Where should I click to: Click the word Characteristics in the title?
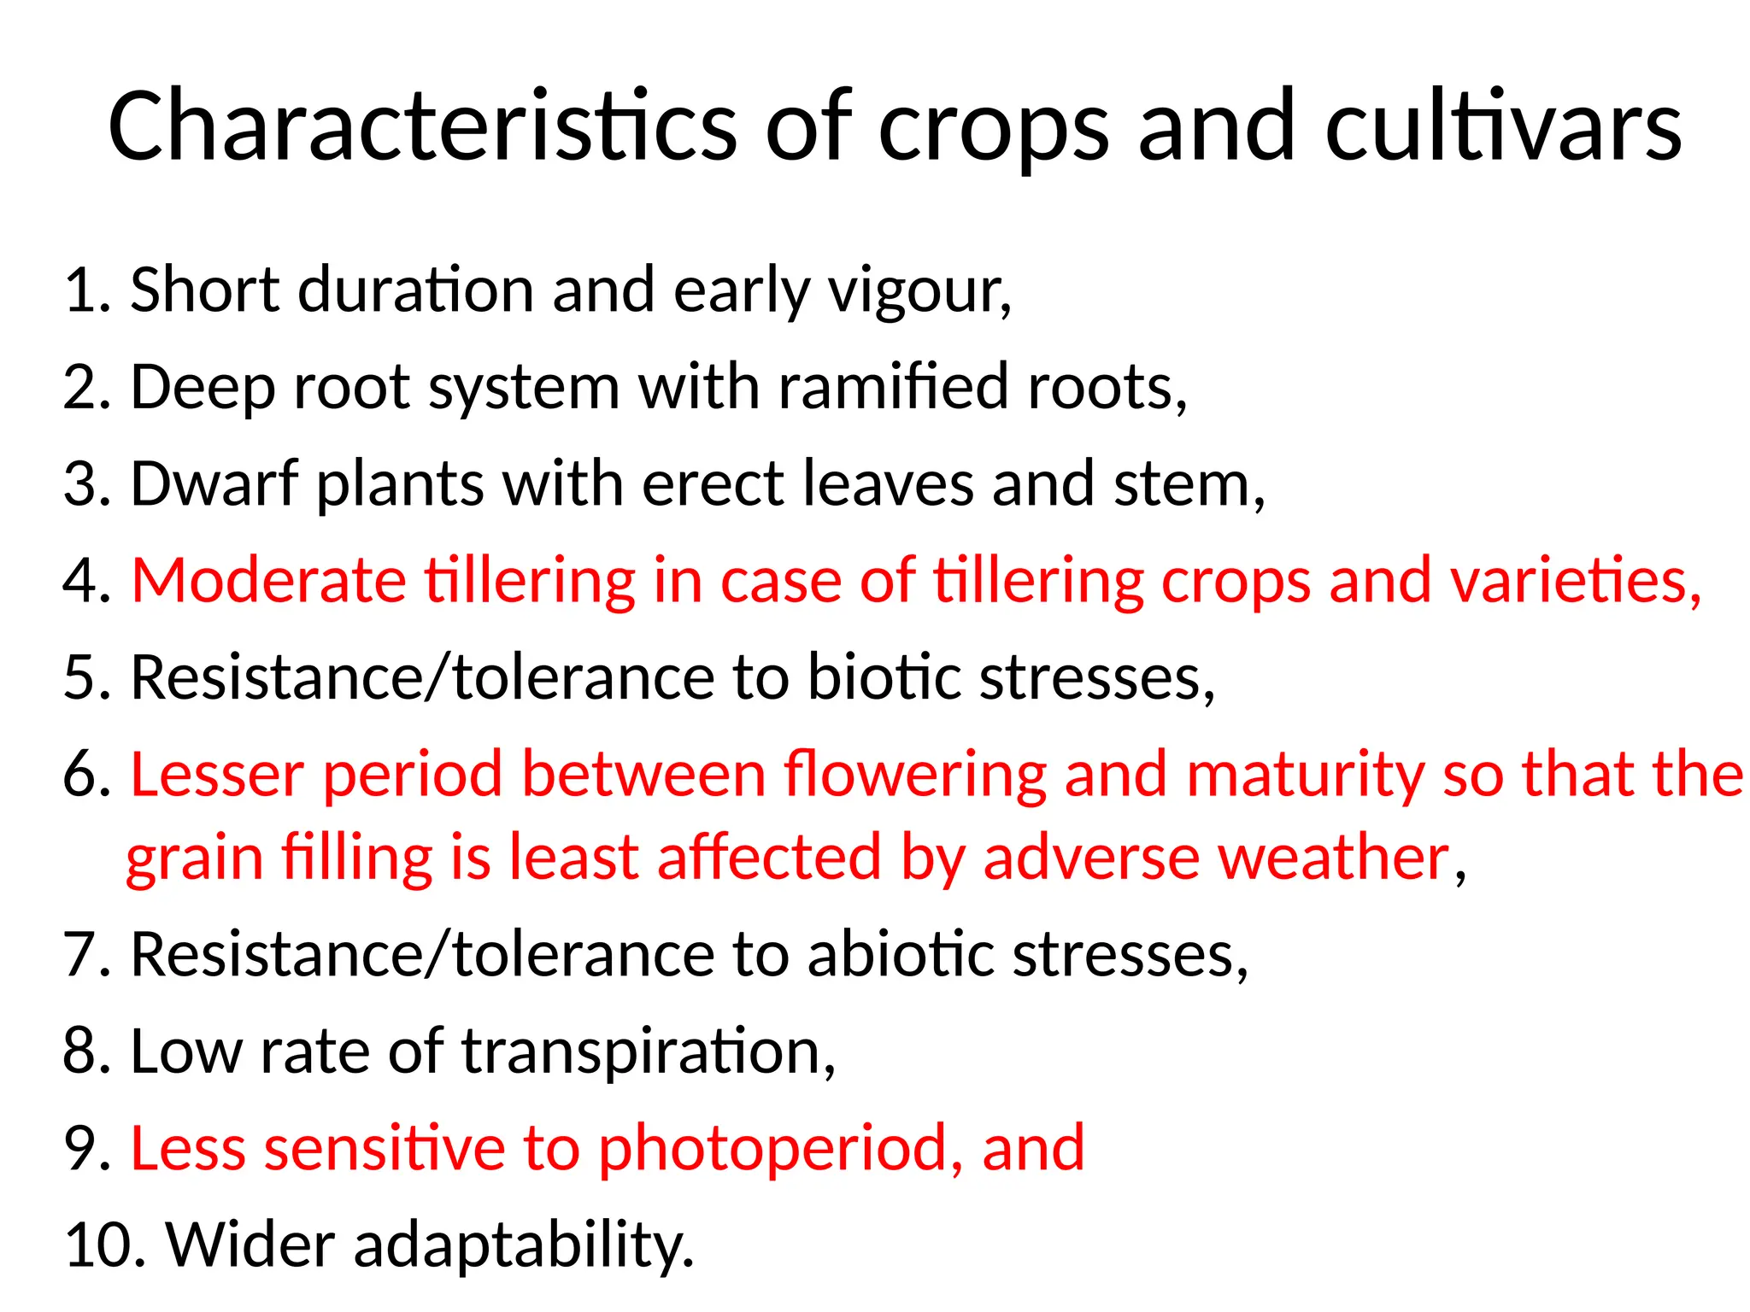tap(422, 126)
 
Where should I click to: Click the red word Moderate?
tap(268, 581)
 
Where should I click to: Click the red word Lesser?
tap(217, 775)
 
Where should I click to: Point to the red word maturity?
tap(1305, 775)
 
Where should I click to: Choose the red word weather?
tap(1334, 858)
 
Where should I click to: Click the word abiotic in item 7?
tap(901, 954)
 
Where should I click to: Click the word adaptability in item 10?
tap(523, 1245)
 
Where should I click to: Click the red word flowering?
tap(914, 775)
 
